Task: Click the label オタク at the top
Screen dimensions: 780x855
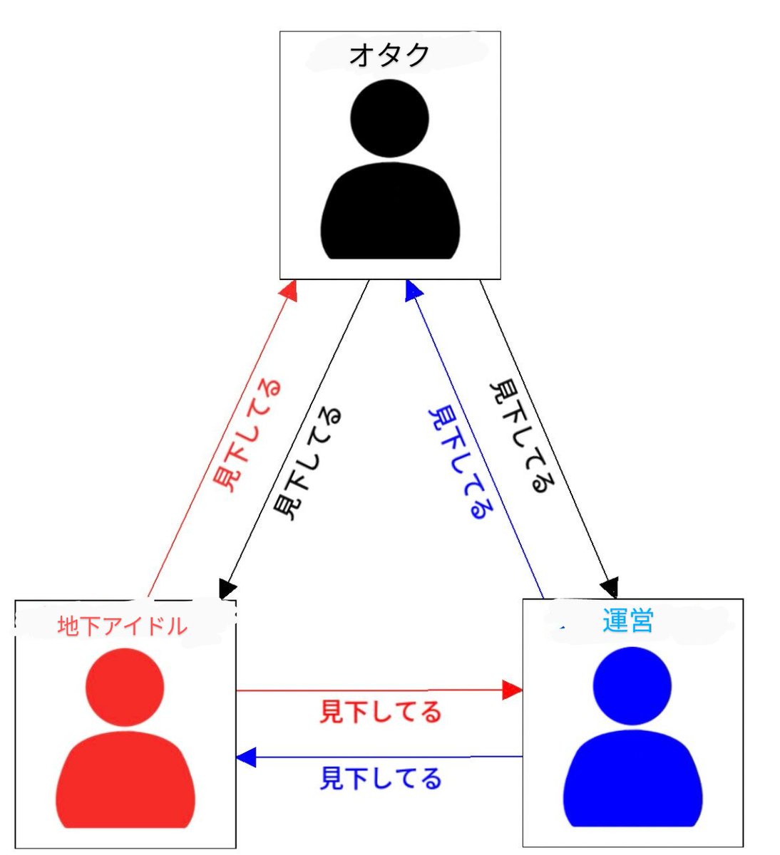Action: (x=390, y=55)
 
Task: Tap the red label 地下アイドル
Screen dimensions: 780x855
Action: (x=122, y=626)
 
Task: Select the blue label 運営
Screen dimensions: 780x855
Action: (x=627, y=622)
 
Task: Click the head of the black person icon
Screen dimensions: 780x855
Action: (x=390, y=118)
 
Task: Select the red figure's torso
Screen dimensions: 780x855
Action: (x=125, y=780)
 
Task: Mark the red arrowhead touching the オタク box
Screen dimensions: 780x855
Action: (x=289, y=290)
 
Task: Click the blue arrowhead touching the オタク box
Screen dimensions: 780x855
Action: (x=413, y=289)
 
